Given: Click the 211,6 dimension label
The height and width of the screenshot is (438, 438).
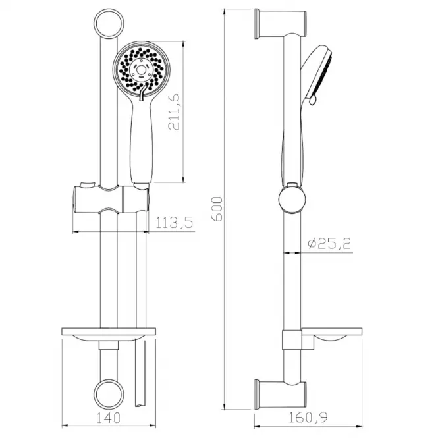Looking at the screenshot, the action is pyautogui.click(x=174, y=112).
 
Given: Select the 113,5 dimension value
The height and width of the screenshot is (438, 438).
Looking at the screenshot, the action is pyautogui.click(x=174, y=223).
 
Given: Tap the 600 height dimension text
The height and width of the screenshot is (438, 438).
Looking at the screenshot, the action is pyautogui.click(x=217, y=209).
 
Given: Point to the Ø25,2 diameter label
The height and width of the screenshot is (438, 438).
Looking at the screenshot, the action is pyautogui.click(x=329, y=244).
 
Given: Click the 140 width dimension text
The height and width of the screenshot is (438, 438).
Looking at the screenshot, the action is pyautogui.click(x=109, y=418).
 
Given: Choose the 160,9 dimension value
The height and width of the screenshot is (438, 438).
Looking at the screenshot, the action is pyautogui.click(x=308, y=418).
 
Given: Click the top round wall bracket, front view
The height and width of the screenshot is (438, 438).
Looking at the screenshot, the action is pyautogui.click(x=109, y=24).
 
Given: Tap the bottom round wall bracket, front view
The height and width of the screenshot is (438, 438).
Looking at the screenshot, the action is pyautogui.click(x=109, y=394).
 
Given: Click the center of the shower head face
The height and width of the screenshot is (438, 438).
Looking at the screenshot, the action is pyautogui.click(x=141, y=70).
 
